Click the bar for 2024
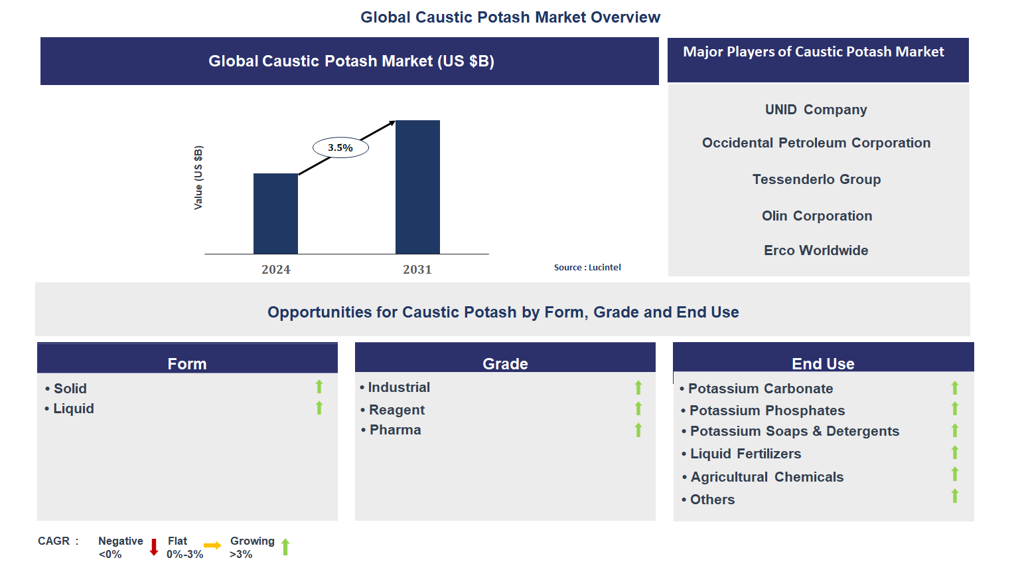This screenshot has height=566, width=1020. coord(275,213)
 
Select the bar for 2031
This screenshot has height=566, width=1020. coord(417,187)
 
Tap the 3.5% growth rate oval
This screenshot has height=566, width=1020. coord(340,147)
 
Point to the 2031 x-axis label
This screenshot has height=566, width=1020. coord(417,269)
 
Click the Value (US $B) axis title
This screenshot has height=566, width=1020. coord(198,177)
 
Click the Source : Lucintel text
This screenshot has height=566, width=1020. coord(587,267)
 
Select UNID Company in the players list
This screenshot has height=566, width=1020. coord(816,110)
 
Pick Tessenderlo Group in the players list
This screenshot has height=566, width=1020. coord(816,179)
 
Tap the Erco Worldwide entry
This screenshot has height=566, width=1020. coord(816,250)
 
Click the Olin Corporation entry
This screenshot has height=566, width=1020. coord(816,216)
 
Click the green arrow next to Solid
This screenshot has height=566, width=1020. coord(319,387)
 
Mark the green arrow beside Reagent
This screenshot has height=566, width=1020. coord(638,409)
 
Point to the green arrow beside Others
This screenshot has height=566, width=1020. coord(955,496)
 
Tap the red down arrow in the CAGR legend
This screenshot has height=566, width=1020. coord(154,547)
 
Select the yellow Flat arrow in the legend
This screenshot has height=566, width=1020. coord(212,545)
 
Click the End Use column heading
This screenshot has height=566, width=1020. coord(823,363)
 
